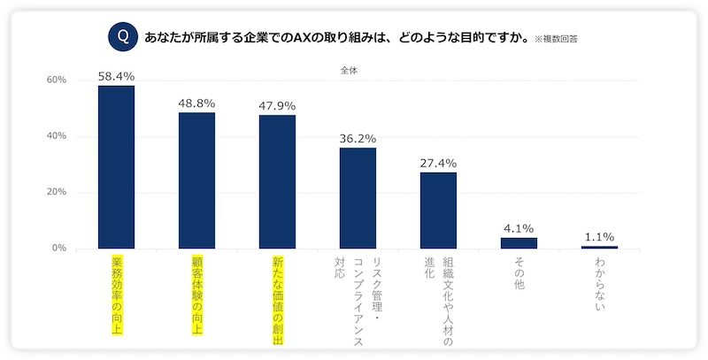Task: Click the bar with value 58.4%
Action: pos(116,167)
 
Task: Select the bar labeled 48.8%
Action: pos(196,180)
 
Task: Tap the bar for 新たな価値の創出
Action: pos(277,181)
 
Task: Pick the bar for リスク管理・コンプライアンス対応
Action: pos(358,198)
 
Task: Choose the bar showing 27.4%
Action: pos(438,211)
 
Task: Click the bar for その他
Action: pos(519,243)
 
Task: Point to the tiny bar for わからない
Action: pos(599,247)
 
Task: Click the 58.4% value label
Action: pos(116,77)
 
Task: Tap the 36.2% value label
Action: pos(358,139)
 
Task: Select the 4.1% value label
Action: pos(519,228)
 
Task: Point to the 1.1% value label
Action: pos(599,236)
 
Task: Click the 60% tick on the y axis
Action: pos(57,80)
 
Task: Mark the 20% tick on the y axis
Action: pos(57,193)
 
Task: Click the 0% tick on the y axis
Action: pos(59,249)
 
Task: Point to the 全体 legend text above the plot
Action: pos(349,69)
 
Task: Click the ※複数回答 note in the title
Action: pos(562,39)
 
